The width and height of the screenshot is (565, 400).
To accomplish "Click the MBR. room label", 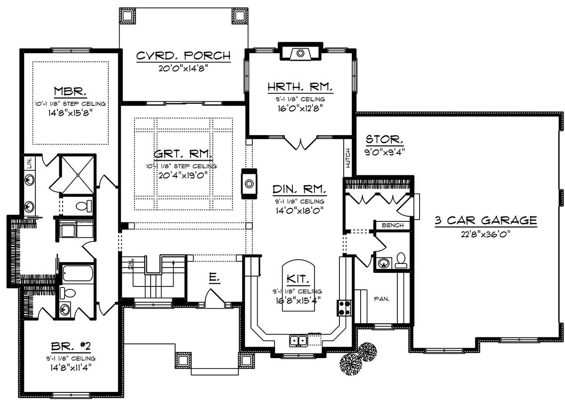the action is tap(70, 91).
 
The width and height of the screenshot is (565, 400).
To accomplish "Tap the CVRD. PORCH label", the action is tap(183, 56).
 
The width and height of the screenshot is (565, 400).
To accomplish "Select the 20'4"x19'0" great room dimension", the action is tap(183, 175).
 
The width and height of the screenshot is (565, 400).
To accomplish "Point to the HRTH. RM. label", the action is tap(300, 87).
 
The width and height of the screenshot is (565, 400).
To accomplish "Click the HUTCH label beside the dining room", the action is tap(348, 158).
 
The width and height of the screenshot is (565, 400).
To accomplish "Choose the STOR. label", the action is tap(384, 139).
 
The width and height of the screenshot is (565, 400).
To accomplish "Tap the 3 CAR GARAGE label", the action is tap(485, 220).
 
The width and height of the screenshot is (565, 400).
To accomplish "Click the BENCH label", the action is tap(393, 225).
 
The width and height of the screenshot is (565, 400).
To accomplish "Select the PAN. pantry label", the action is tap(382, 299).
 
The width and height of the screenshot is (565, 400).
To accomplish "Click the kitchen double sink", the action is tap(298, 341).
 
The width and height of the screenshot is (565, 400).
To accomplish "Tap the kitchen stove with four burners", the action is tap(344, 308).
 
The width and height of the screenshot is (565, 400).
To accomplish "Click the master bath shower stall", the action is tap(78, 175).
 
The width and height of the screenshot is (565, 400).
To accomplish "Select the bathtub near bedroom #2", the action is tap(78, 273).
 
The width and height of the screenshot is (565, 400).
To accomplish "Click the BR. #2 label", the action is tap(71, 346).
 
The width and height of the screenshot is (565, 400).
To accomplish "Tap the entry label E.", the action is tap(214, 278).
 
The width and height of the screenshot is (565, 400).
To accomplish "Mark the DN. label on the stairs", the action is tap(131, 264).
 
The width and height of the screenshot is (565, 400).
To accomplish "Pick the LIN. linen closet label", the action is tap(29, 163).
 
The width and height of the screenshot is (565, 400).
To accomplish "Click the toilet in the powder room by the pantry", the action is tap(401, 260).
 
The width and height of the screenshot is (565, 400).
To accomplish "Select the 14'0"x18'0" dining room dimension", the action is tap(299, 210).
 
